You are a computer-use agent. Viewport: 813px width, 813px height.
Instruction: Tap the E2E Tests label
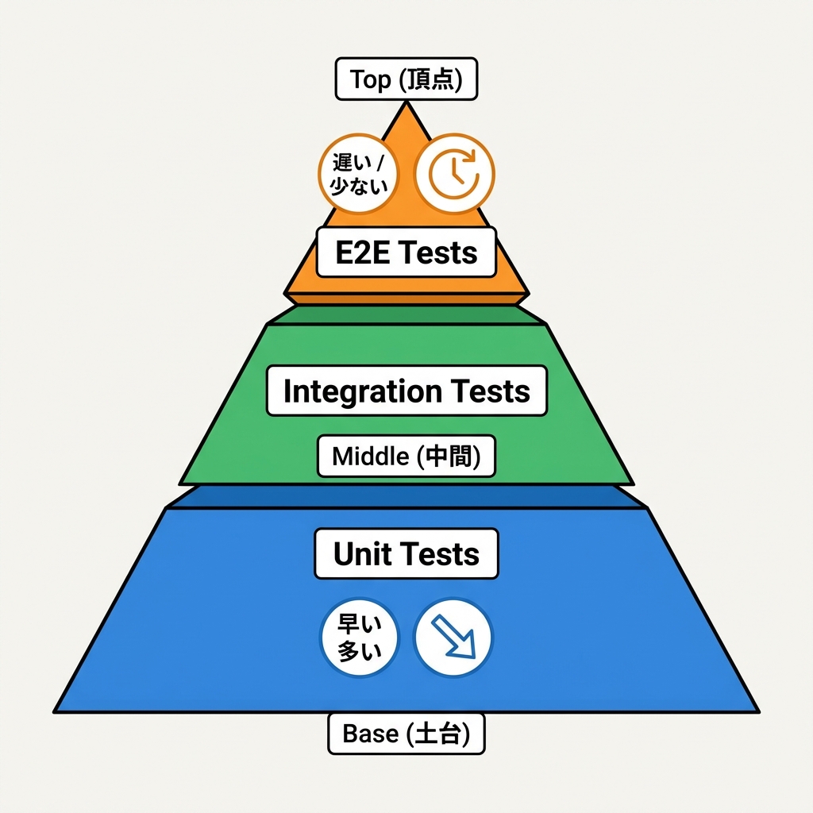pos(406,252)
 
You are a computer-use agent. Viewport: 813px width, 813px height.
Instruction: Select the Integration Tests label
pos(406,391)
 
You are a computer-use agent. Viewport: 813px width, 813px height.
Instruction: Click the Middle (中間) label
pos(406,457)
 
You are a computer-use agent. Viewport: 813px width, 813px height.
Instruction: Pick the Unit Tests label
pos(406,553)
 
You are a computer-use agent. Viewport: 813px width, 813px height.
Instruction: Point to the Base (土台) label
pos(406,734)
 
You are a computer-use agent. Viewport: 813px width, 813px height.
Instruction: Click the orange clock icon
pos(455,173)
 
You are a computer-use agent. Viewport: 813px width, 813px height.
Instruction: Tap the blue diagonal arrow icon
pos(453,638)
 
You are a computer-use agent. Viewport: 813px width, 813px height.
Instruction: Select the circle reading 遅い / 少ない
pos(360,173)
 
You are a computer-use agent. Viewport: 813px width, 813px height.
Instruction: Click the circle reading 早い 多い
pos(360,638)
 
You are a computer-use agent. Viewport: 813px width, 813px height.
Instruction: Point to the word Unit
pos(362,553)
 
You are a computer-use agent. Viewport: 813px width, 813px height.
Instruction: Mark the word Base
pos(371,734)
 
